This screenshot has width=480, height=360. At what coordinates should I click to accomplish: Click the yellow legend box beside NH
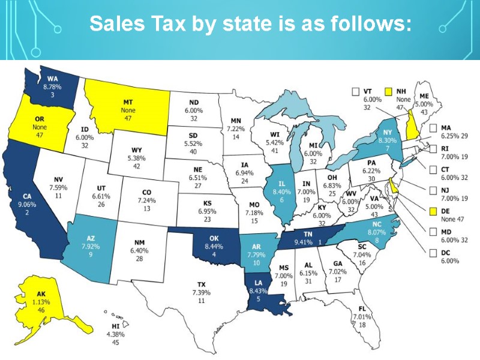(388, 91)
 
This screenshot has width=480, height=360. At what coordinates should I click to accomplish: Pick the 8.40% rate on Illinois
(281, 192)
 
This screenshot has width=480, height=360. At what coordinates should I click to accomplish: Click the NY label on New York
(370, 133)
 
